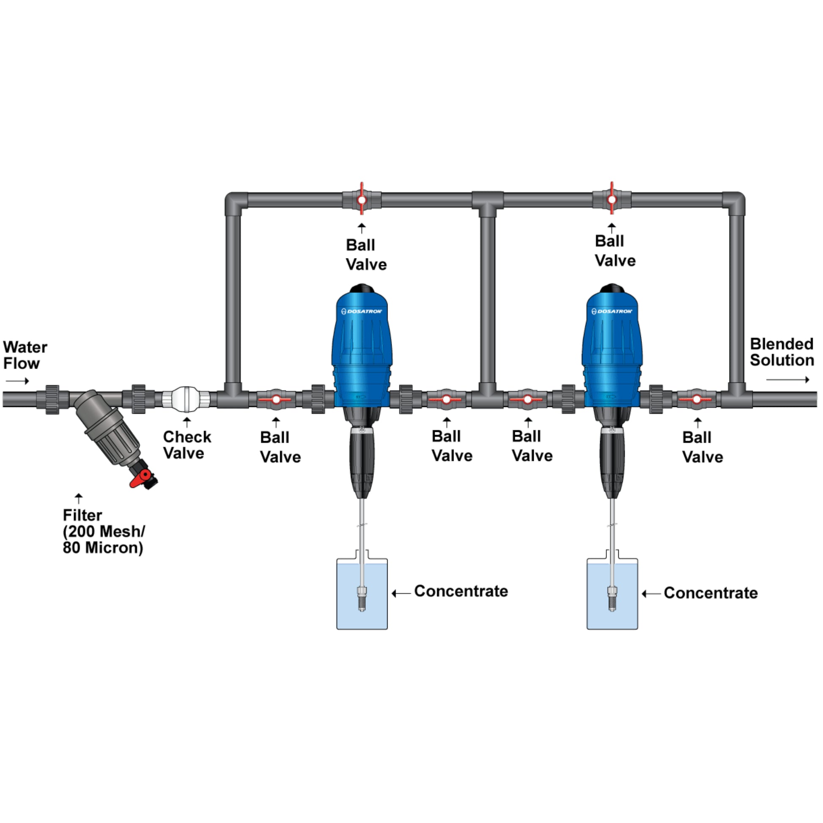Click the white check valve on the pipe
(x=186, y=399)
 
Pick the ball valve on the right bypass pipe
(x=612, y=199)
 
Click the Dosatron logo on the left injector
(x=362, y=311)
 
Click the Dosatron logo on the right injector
(x=612, y=311)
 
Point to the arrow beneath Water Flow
(x=17, y=381)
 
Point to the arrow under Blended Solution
(x=787, y=380)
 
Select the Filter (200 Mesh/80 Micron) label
(x=104, y=531)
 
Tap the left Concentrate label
(x=461, y=591)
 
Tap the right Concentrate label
(x=711, y=593)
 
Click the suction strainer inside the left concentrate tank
(x=362, y=598)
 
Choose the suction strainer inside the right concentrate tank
(x=612, y=598)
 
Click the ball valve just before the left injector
(x=276, y=400)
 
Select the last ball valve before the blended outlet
(x=696, y=400)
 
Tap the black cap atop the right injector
(x=612, y=288)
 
